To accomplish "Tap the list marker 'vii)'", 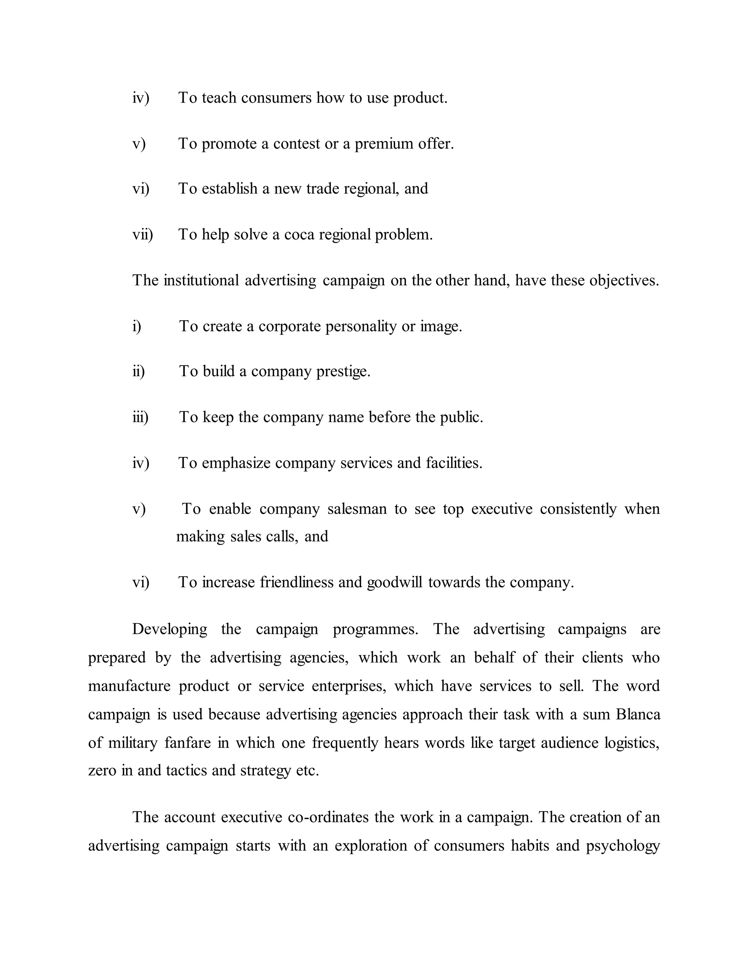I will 143,235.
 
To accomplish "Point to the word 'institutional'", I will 201,280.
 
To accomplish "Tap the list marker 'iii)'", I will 140,417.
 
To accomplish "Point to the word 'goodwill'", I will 394,582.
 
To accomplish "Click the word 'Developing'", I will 170,629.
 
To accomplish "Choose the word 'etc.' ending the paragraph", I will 307,770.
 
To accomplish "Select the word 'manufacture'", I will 129,686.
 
